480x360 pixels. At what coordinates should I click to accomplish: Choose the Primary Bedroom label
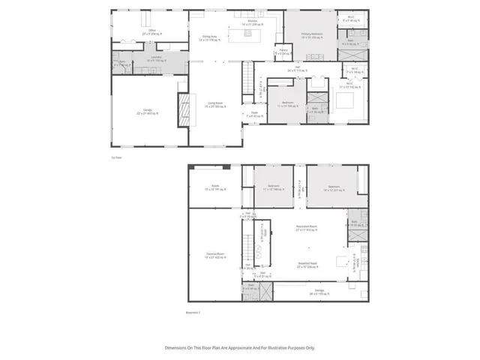tap(312, 34)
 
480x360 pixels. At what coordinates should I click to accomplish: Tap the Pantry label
tap(280, 53)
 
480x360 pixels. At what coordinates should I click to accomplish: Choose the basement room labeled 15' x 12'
tap(215, 188)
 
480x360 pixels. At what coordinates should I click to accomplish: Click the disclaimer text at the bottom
tap(240, 347)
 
